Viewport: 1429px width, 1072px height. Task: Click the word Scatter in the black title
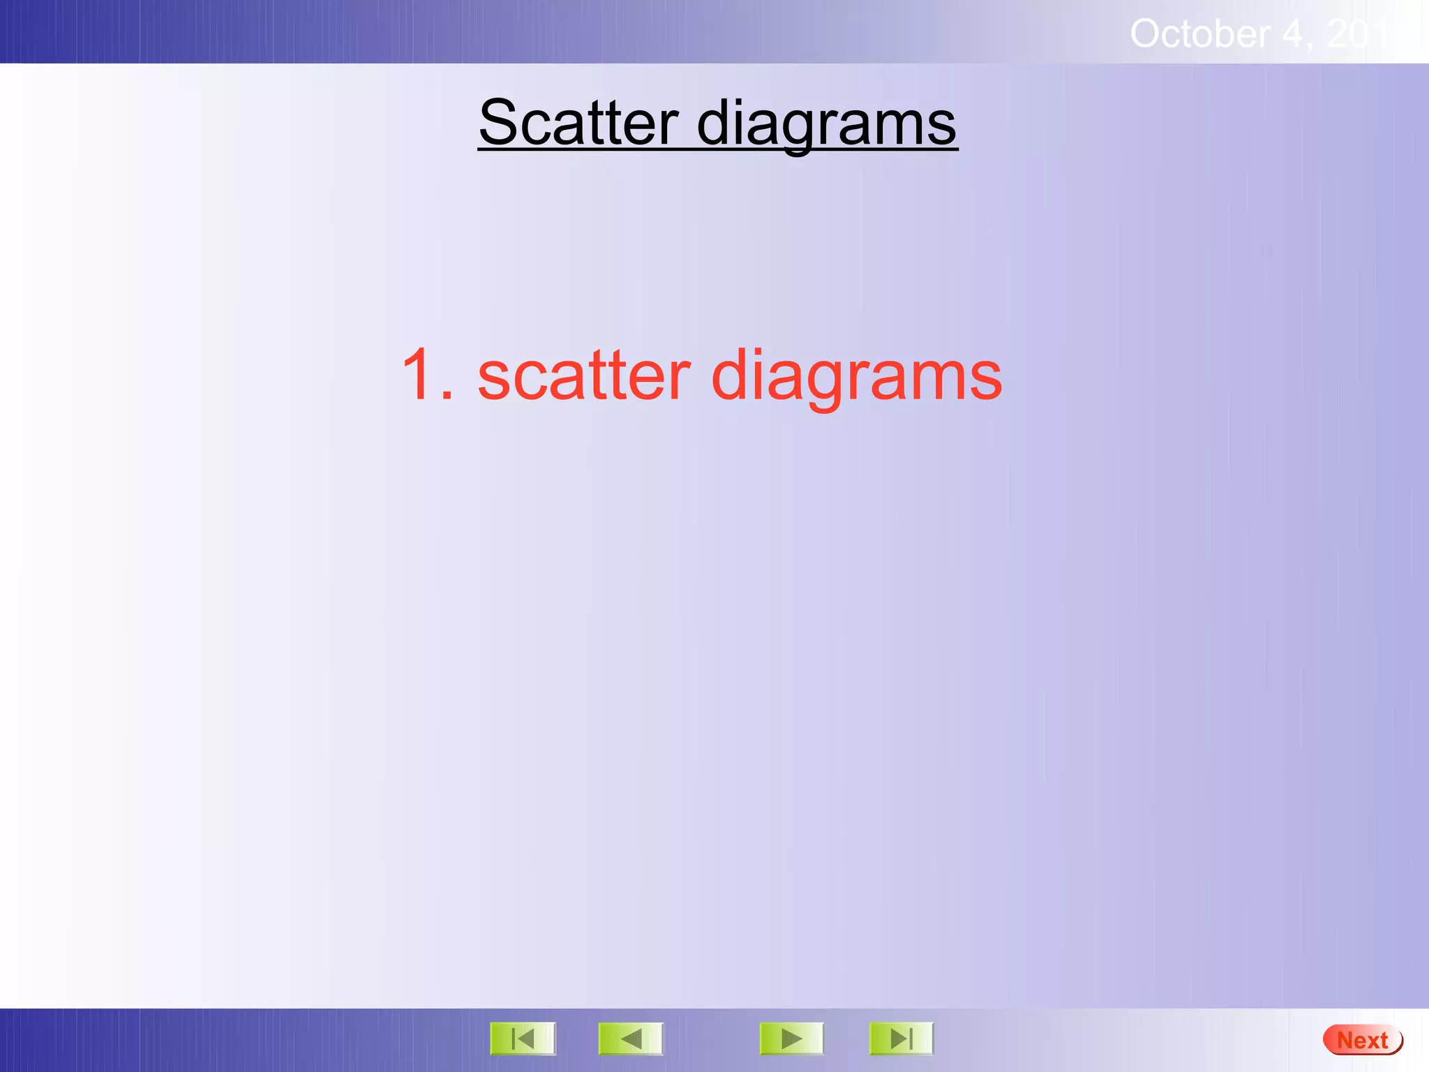(578, 123)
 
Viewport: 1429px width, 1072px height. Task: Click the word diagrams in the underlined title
(826, 123)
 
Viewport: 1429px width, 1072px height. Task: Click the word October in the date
(1199, 33)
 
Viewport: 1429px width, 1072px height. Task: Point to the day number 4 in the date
(1292, 33)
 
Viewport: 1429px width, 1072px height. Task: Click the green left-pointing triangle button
(631, 1039)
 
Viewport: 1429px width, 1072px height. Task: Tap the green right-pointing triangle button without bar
(791, 1039)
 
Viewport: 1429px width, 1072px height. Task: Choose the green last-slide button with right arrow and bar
(901, 1039)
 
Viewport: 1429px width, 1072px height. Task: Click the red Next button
(1362, 1041)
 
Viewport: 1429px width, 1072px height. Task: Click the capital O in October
(1146, 33)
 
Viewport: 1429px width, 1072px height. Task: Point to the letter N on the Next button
(1345, 1041)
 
